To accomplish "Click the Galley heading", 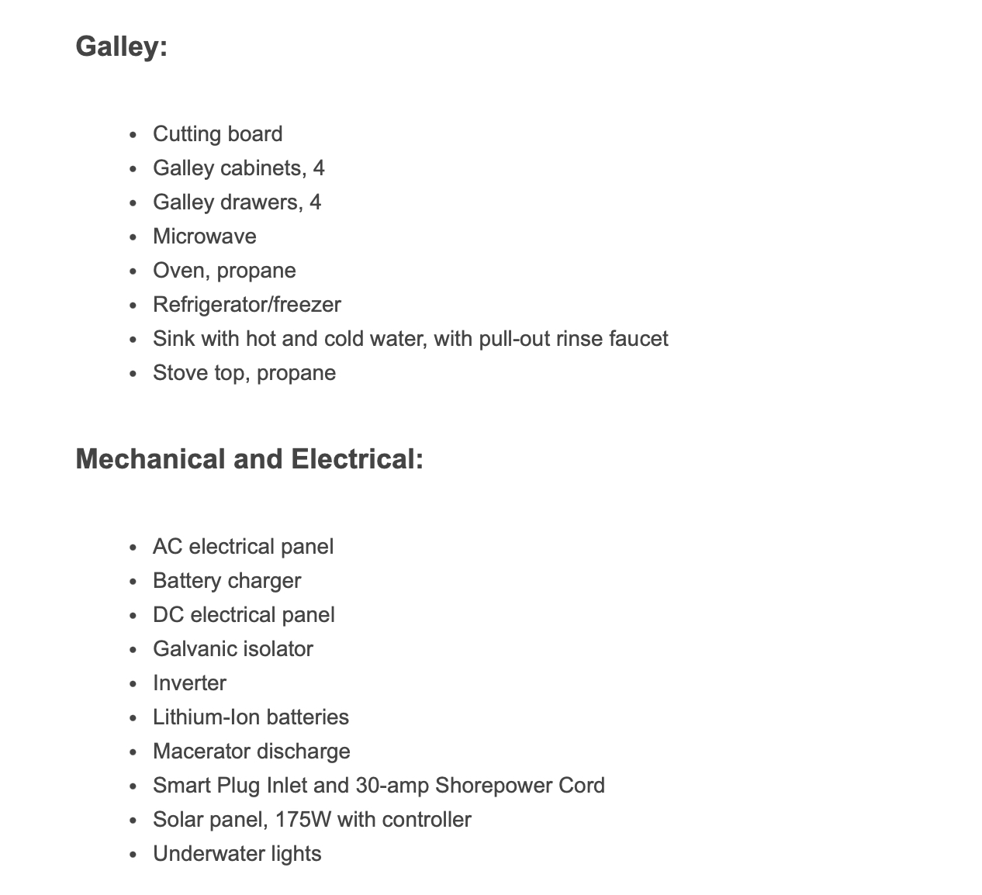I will [121, 47].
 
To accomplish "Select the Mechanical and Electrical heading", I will [249, 459].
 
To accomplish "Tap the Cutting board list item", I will [217, 134].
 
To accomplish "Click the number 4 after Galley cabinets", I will [318, 168].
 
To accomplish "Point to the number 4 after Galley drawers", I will [315, 202].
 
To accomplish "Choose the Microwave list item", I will [204, 237].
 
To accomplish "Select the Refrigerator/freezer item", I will [247, 305].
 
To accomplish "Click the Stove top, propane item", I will [244, 373].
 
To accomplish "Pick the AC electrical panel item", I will [243, 547].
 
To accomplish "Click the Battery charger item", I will [226, 581].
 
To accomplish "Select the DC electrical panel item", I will [244, 615].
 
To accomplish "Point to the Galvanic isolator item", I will [233, 649].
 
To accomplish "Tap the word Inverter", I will [189, 683].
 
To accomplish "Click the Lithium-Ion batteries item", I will [251, 717].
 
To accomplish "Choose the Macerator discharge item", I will [251, 752].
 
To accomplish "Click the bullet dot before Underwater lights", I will [133, 855].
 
